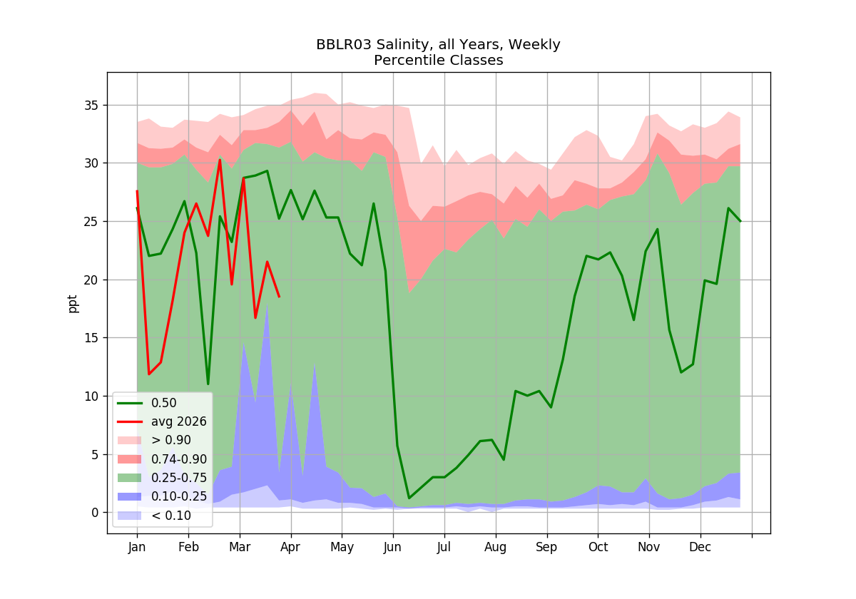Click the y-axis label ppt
(x=72, y=304)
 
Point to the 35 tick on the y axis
(x=91, y=106)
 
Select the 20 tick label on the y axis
(x=91, y=280)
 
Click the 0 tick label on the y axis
(x=95, y=513)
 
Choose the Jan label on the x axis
(x=137, y=548)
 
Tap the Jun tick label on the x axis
(x=392, y=548)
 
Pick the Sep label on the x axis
(x=546, y=548)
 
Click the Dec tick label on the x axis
(x=700, y=548)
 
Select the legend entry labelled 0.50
(x=147, y=403)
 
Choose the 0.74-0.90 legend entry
(x=162, y=459)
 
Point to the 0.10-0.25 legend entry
(x=162, y=496)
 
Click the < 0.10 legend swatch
(x=129, y=516)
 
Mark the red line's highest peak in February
(x=220, y=160)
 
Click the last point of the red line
(x=280, y=297)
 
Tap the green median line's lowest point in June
(x=409, y=498)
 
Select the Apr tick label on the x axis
(x=290, y=548)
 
